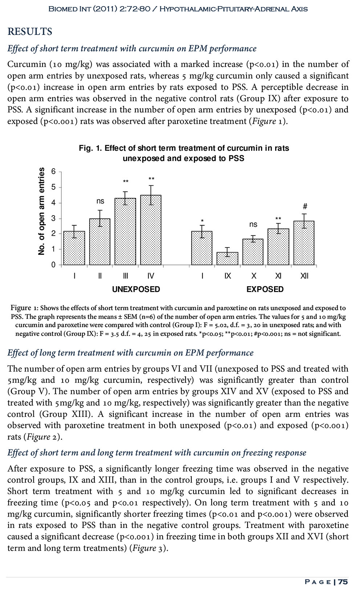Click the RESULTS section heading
click(30, 32)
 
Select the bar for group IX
click(228, 258)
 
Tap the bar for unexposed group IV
click(151, 230)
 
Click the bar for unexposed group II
click(100, 241)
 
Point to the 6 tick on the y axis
click(54, 172)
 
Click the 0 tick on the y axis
click(54, 265)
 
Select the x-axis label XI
click(278, 276)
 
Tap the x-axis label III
click(125, 276)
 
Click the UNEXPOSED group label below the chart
click(136, 289)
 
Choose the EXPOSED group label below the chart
click(265, 289)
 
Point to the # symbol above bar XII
click(305, 206)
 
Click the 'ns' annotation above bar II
click(100, 201)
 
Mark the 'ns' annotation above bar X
click(253, 225)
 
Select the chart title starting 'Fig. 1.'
click(184, 153)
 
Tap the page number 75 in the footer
click(343, 582)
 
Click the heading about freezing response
click(157, 452)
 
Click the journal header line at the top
click(178, 9)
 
